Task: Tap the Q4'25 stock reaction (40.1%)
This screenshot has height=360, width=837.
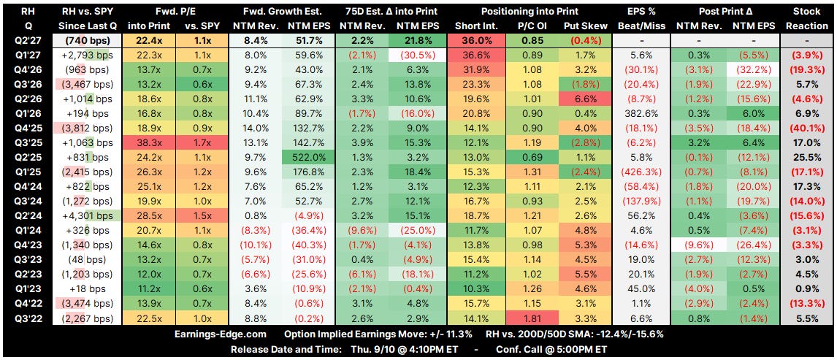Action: pyautogui.click(x=806, y=128)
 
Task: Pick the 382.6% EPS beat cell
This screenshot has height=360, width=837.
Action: pyautogui.click(x=639, y=114)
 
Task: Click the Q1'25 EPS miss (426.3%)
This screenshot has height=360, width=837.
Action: pyautogui.click(x=639, y=172)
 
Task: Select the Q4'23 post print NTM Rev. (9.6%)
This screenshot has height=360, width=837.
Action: pyautogui.click(x=696, y=245)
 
